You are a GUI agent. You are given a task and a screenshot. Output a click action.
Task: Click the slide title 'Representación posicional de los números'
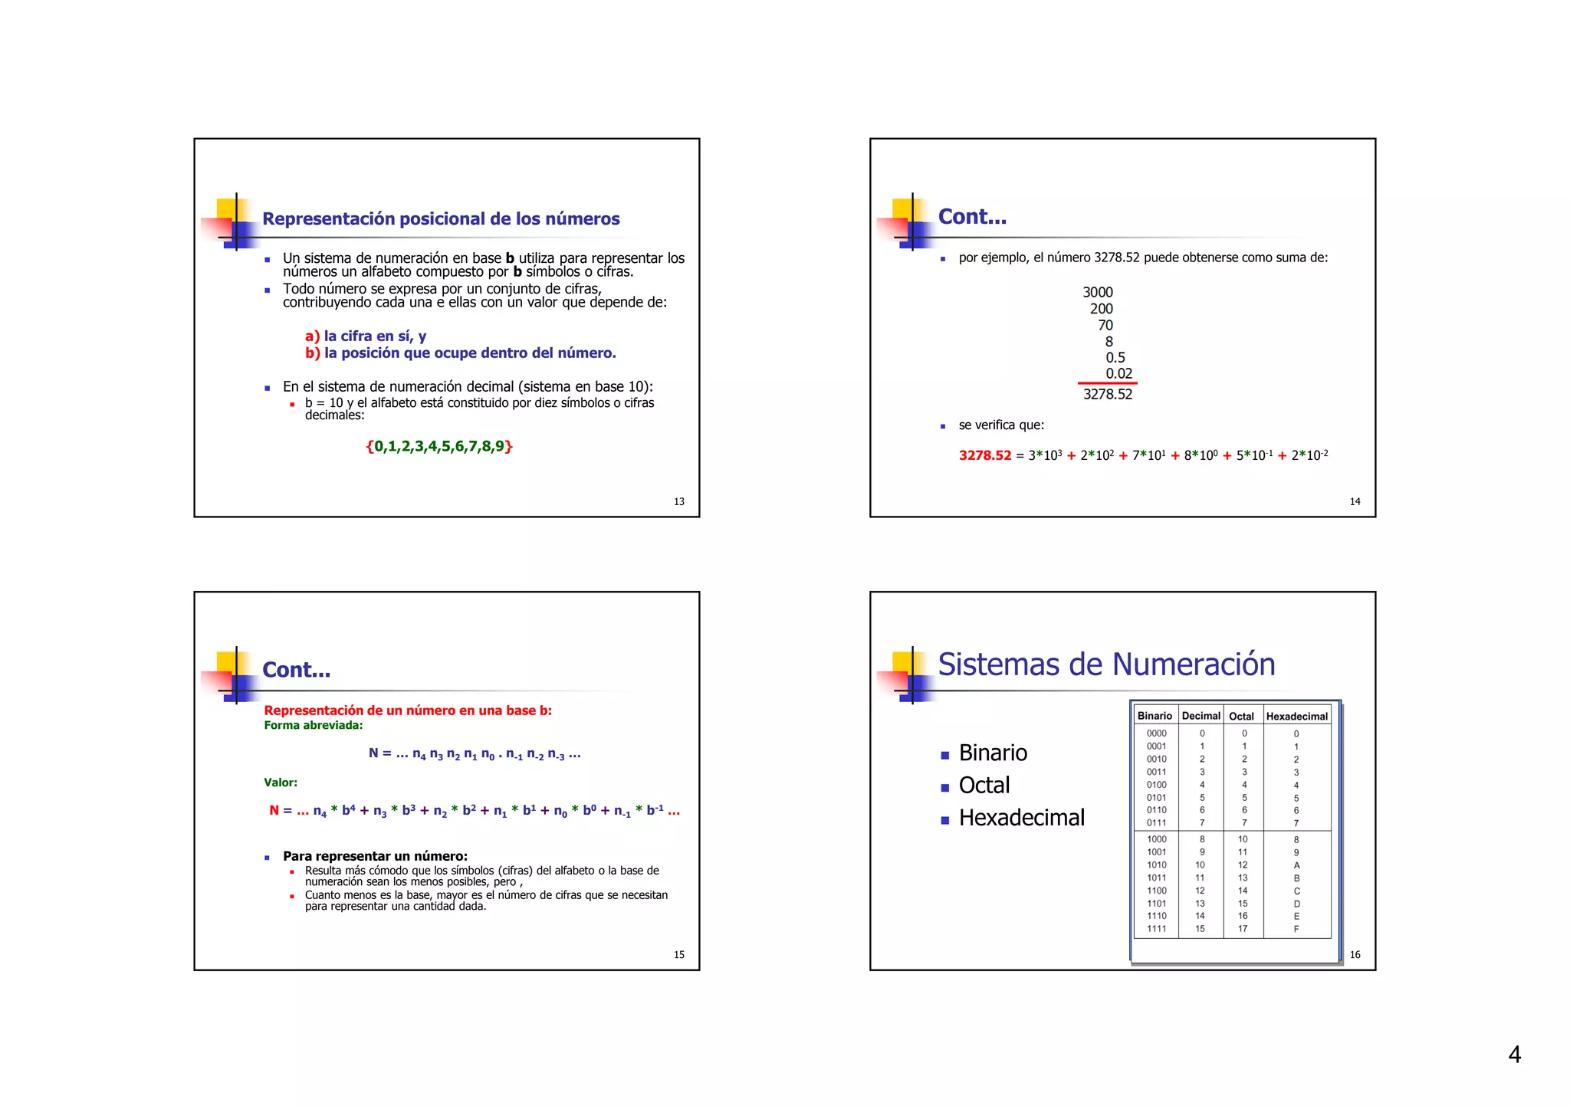(441, 219)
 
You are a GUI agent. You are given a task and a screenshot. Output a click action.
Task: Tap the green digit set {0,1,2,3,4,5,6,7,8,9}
(439, 446)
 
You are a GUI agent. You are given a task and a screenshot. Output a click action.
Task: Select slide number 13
(679, 502)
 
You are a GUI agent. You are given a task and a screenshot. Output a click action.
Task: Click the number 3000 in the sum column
(1097, 293)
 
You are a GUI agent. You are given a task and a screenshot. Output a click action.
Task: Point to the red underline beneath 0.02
(1107, 383)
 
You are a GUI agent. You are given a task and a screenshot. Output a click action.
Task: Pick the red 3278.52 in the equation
(985, 455)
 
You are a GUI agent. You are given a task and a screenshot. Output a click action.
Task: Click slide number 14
(1355, 502)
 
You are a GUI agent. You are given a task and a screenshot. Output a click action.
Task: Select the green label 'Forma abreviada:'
(314, 726)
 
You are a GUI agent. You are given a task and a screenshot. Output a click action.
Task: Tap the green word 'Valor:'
(281, 783)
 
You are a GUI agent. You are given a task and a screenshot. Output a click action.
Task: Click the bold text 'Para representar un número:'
(375, 856)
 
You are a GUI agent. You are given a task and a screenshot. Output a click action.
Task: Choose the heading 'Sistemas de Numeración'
(1106, 664)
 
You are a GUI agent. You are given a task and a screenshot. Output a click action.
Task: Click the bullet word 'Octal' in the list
(984, 786)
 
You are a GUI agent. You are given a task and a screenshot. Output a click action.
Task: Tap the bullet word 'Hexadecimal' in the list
(1021, 818)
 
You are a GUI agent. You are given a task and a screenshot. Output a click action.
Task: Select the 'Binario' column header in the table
(1155, 716)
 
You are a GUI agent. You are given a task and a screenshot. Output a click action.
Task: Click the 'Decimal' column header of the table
(1200, 716)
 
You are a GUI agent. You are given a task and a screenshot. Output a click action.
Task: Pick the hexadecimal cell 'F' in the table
(1296, 929)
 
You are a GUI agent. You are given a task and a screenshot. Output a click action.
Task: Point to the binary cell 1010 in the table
(1156, 865)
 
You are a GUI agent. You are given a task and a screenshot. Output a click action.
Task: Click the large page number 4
(1514, 1055)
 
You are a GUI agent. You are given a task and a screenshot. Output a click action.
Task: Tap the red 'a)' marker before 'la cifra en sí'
(312, 336)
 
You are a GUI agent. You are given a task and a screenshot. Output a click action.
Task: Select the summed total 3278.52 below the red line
(1107, 395)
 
